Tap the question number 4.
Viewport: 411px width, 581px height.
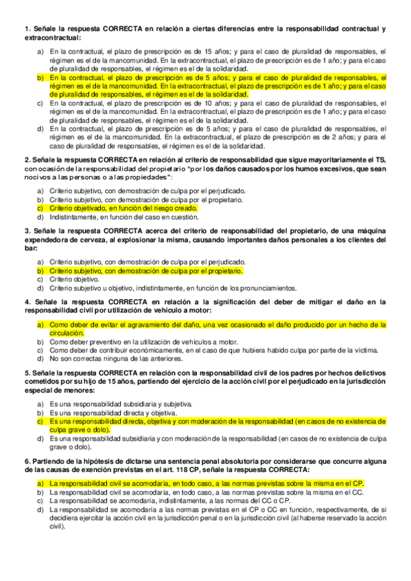point(27,301)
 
